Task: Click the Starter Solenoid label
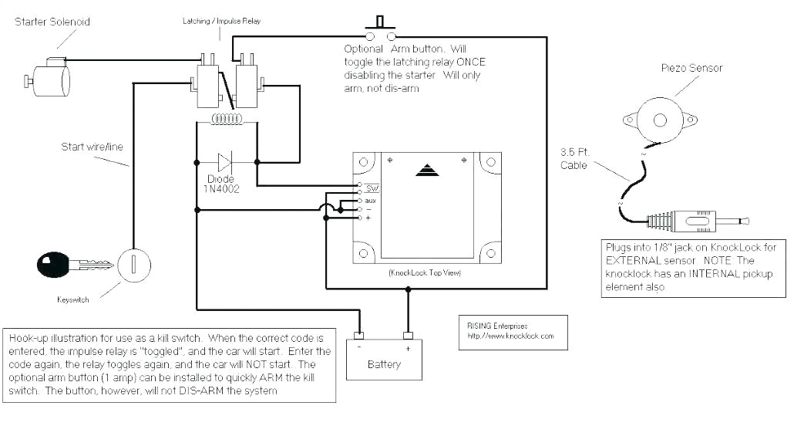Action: pyautogui.click(x=52, y=22)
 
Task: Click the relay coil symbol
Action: pyautogui.click(x=227, y=120)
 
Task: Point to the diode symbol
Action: pyautogui.click(x=226, y=162)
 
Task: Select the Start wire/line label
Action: pyautogui.click(x=92, y=147)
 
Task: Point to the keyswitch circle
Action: pyautogui.click(x=133, y=265)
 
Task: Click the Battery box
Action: pyautogui.click(x=383, y=363)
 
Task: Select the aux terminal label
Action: pyautogui.click(x=371, y=200)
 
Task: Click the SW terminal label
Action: pyautogui.click(x=372, y=188)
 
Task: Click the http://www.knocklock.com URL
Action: pyautogui.click(x=510, y=336)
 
